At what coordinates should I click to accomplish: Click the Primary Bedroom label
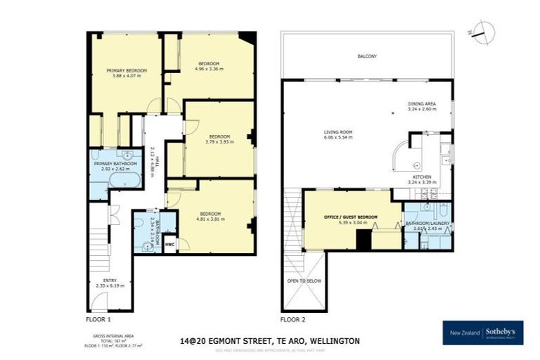[127, 71]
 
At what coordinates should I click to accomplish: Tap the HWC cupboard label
[169, 245]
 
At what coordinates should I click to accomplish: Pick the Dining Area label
[422, 107]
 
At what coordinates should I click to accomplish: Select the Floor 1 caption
[98, 319]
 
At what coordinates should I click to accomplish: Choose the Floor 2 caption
[293, 319]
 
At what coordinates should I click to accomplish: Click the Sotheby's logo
[483, 332]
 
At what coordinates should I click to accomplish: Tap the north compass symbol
[482, 30]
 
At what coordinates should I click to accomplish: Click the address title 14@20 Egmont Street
[269, 340]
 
